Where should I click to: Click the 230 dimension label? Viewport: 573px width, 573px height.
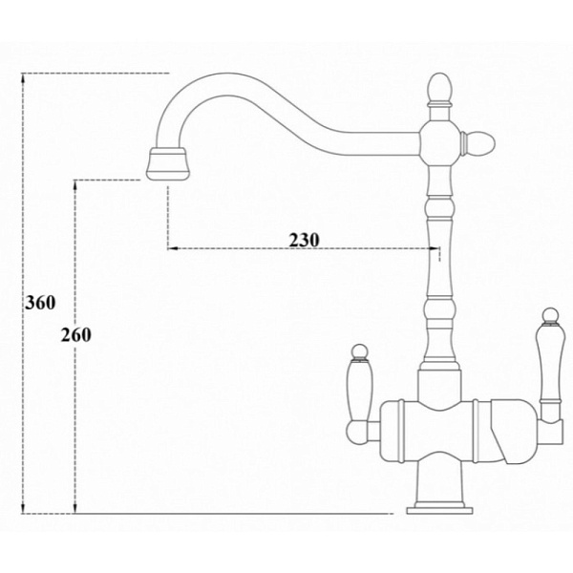pos(304,240)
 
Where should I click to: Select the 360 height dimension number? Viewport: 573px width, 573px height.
pos(40,303)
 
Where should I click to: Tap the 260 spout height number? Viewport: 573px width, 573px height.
pos(76,335)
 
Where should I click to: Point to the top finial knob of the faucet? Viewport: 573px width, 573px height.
pos(439,88)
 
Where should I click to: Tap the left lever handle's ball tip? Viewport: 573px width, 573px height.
pos(360,351)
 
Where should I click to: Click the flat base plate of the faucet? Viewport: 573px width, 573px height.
pos(439,510)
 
